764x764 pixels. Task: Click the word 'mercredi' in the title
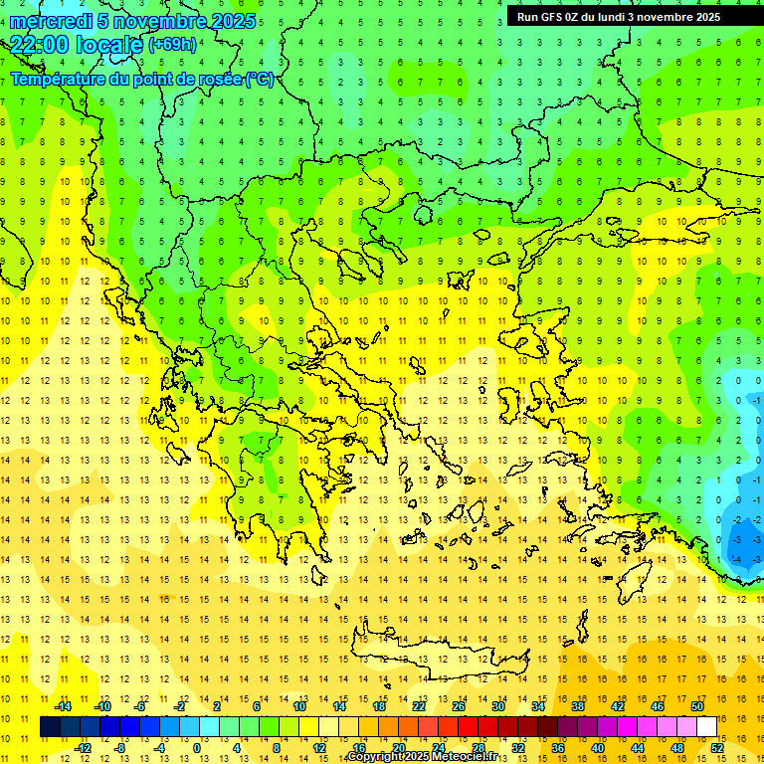click(52, 21)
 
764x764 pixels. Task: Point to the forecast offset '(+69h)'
click(172, 45)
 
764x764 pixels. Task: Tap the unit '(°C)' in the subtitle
click(260, 79)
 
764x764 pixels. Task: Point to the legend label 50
click(697, 706)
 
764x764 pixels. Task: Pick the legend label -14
click(63, 706)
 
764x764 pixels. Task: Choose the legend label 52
click(717, 747)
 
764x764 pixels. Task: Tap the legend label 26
click(459, 706)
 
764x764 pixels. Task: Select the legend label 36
click(558, 747)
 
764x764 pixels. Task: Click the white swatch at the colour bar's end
click(707, 726)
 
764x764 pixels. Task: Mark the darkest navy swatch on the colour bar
click(50, 726)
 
